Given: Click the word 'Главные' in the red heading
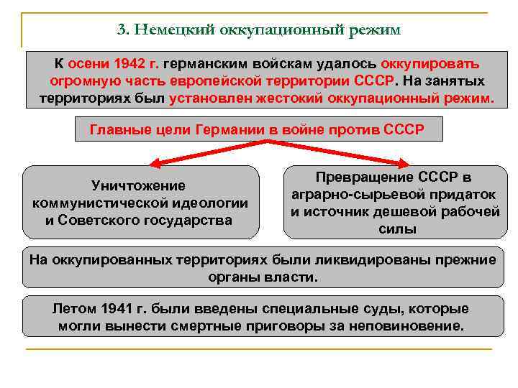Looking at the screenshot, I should pyautogui.click(x=118, y=130).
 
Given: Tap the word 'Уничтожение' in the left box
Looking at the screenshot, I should pyautogui.click(x=139, y=186).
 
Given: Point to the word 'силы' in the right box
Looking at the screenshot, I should pyautogui.click(x=394, y=229).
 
